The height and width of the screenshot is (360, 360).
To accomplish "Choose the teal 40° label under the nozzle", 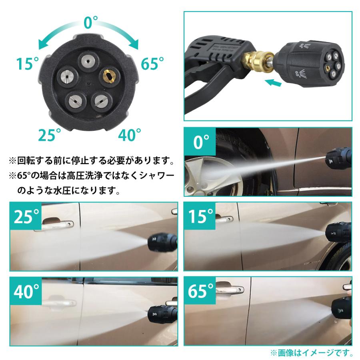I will click(129, 135).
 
